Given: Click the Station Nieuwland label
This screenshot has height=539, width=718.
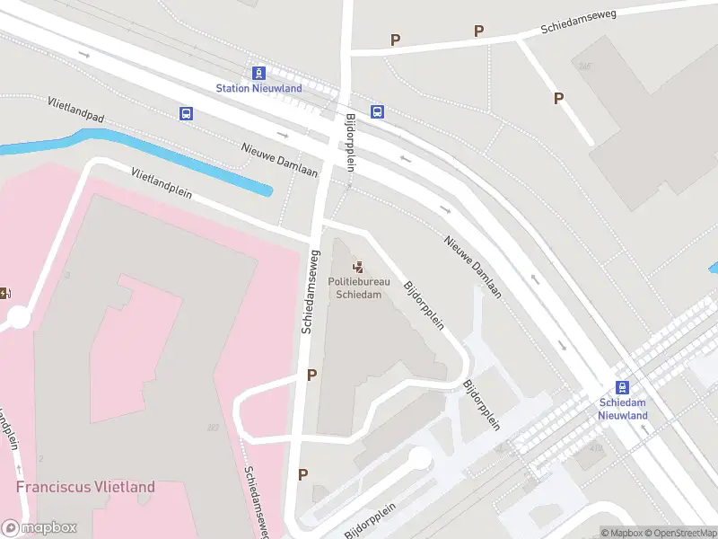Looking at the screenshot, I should [x=258, y=88].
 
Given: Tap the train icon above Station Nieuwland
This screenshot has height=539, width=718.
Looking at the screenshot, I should [x=258, y=73].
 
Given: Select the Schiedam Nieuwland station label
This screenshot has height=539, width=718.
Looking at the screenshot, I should [x=623, y=410].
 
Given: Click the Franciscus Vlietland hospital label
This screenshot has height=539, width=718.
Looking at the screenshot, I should [x=85, y=487].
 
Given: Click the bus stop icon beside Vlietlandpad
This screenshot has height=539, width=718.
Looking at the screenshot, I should [x=186, y=113].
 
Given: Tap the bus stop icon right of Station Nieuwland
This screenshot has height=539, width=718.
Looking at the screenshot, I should [x=378, y=112].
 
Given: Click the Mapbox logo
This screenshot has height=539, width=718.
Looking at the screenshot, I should [x=39, y=528].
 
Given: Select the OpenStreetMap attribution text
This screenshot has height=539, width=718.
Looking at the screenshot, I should [x=679, y=533].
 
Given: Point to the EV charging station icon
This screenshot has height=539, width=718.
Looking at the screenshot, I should [x=4, y=292].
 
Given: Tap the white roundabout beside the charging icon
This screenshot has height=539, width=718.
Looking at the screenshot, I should [x=18, y=316].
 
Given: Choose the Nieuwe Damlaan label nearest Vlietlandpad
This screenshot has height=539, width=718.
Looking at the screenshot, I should [x=279, y=160].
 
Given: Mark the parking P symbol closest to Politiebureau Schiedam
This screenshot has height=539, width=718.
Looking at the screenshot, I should [x=311, y=376].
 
